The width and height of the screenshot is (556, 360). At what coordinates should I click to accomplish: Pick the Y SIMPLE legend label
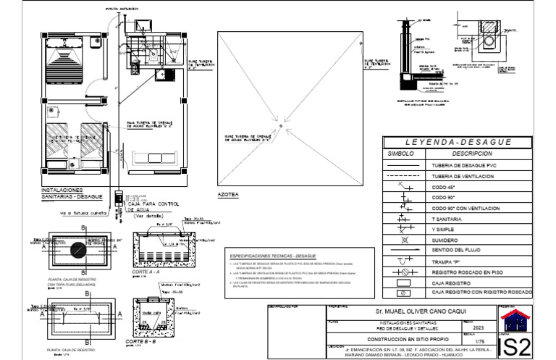click(x=446, y=227)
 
